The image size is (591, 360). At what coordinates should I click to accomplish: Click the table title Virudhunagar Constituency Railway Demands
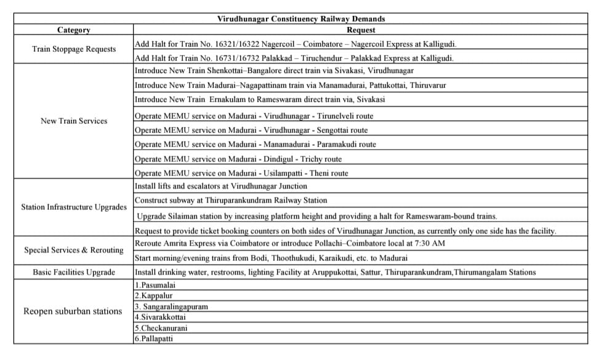coord(301,19)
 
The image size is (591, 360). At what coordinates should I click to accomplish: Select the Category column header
coord(73,30)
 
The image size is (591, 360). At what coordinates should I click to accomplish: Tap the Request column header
coord(361,30)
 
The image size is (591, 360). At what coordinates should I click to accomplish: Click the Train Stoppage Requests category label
coord(74,49)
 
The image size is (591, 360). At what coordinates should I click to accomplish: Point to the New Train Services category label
coord(74,121)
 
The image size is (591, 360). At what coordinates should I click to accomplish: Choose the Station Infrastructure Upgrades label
coord(74,207)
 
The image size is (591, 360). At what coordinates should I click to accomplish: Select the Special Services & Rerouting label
coord(74,250)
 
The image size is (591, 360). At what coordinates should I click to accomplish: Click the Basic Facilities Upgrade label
coord(74,272)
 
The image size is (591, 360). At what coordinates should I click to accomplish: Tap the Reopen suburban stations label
coord(73,311)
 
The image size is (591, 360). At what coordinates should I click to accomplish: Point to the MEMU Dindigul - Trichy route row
coord(238,159)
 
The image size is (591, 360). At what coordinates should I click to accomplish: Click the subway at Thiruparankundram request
coord(231,201)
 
